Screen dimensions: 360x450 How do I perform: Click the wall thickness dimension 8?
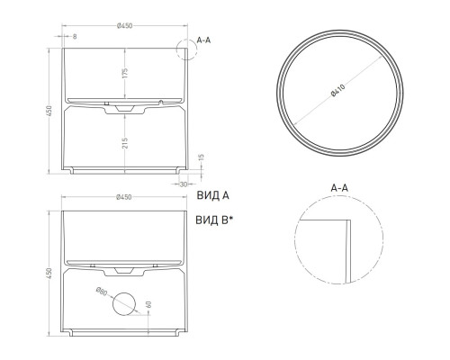(x=74, y=38)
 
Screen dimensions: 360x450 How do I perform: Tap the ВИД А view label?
(x=212, y=193)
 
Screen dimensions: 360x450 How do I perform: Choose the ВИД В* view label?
(x=215, y=220)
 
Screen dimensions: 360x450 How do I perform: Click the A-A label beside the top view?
(x=204, y=40)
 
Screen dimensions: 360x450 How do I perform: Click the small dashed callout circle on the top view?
(x=189, y=50)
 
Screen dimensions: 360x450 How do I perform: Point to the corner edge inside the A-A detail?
(x=347, y=221)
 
